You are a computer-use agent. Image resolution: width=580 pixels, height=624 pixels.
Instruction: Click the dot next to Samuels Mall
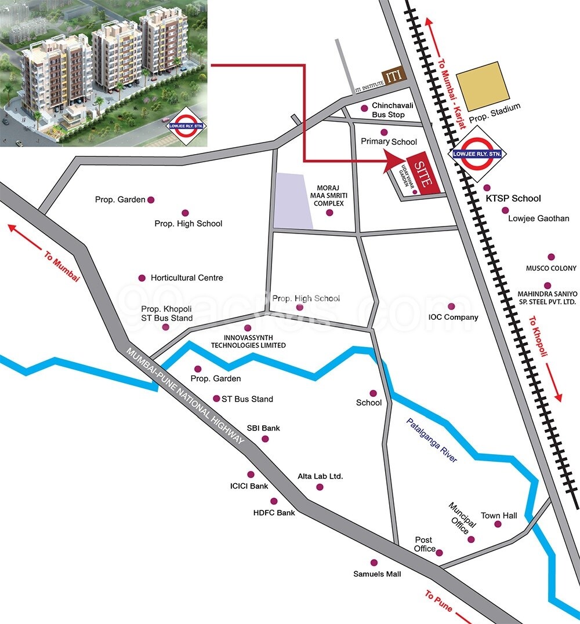pos(374,563)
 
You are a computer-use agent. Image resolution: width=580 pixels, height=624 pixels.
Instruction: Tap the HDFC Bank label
pos(274,513)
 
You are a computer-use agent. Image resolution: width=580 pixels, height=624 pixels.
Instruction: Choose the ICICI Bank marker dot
pos(251,474)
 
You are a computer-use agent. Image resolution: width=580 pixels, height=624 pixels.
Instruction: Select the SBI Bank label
pos(263,428)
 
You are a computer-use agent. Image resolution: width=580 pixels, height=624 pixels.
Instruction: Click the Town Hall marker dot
pos(498,524)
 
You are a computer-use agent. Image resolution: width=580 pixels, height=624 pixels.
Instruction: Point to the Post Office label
pos(425,544)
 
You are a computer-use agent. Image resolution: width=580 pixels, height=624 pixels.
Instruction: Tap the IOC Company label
pos(453,317)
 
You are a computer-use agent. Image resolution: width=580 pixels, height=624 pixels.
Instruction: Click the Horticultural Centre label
pos(187,278)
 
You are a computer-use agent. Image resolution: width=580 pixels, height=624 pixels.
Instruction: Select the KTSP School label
pos(513,198)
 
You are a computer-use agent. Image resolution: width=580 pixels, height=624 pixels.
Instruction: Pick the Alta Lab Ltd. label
pos(320,476)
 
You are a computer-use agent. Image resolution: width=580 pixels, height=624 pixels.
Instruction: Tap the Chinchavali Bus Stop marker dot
pos(364,108)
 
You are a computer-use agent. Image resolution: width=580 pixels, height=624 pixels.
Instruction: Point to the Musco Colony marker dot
pos(551,257)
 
